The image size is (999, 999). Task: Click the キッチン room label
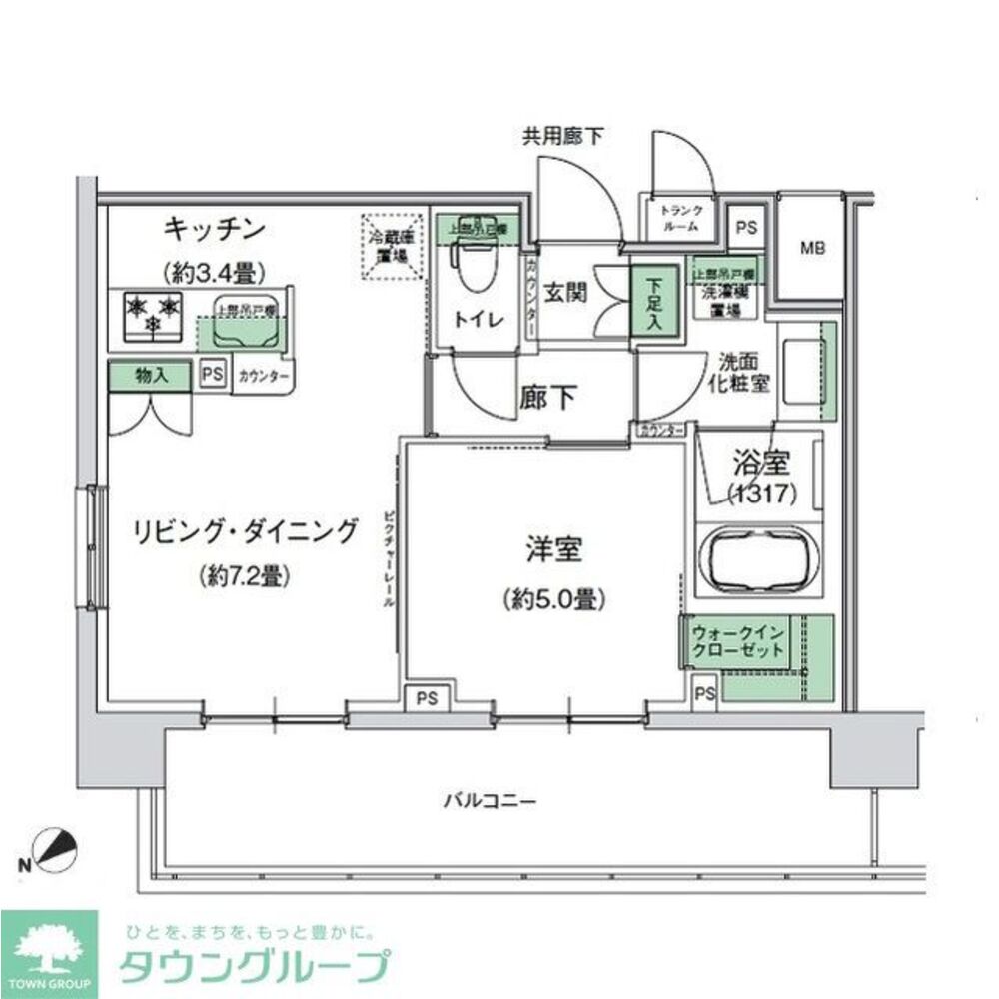[x=215, y=229]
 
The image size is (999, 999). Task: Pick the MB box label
[x=812, y=248]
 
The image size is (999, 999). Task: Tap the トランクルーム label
[x=683, y=219]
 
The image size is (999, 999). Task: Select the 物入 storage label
[x=150, y=377]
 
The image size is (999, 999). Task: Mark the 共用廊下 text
[x=561, y=137]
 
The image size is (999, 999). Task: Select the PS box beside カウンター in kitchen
[x=211, y=375]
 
